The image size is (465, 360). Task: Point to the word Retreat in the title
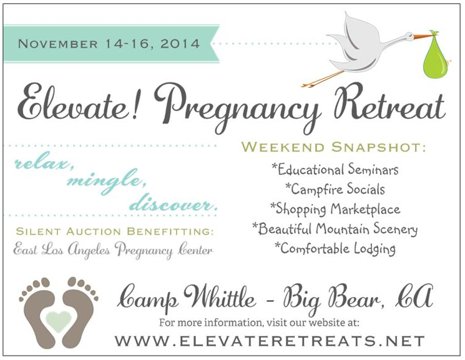click(389, 102)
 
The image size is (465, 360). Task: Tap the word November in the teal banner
click(58, 44)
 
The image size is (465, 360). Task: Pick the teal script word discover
click(174, 204)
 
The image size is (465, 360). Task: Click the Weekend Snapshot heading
click(334, 147)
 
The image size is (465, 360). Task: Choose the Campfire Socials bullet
click(335, 189)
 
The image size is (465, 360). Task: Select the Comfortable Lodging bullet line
click(335, 248)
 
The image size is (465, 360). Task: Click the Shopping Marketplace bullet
click(335, 209)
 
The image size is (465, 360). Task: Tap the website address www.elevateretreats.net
click(270, 341)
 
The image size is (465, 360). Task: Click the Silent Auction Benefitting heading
click(114, 231)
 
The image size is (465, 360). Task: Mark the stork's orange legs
click(322, 78)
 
